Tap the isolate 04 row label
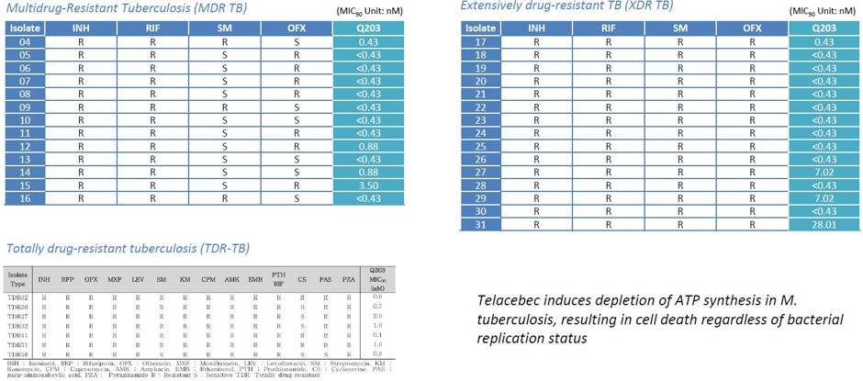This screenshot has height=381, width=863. tap(25, 42)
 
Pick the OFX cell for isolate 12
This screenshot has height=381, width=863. tap(296, 145)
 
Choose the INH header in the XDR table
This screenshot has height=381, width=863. tap(536, 28)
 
